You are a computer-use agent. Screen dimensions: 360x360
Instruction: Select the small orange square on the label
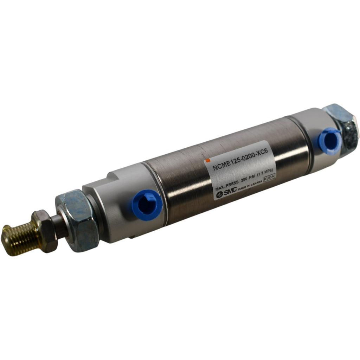point(208,160)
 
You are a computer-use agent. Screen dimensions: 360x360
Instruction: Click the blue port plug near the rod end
point(147,205)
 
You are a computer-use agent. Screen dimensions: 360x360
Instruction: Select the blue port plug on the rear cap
point(330,141)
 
